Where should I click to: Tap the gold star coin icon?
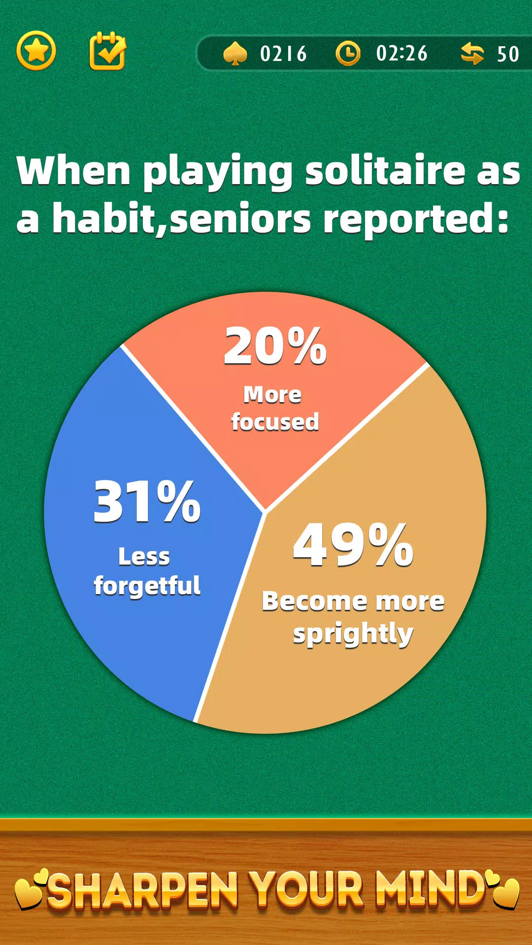click(36, 51)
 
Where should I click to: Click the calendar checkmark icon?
click(107, 51)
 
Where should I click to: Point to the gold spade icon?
click(235, 54)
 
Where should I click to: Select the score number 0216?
click(283, 54)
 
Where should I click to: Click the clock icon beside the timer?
click(348, 53)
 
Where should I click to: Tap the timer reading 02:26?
click(402, 53)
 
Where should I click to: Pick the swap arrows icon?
click(472, 53)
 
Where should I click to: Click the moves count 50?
click(508, 54)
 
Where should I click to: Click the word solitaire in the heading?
click(386, 170)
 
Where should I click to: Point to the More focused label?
click(274, 408)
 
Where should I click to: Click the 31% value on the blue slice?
click(147, 502)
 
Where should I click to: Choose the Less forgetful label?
click(147, 571)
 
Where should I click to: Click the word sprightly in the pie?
click(353, 634)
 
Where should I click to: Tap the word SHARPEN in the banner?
click(143, 889)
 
